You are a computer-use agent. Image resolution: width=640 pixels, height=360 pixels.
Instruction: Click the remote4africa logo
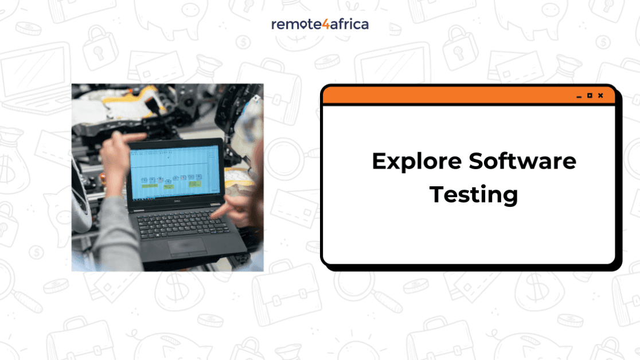(320, 24)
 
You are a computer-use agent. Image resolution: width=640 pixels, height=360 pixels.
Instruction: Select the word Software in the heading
(522, 161)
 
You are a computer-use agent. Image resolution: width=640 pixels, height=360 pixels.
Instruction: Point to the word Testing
(474, 194)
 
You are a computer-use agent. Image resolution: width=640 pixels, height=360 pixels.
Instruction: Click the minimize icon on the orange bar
(579, 96)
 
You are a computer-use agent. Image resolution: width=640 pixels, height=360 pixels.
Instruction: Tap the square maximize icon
(590, 96)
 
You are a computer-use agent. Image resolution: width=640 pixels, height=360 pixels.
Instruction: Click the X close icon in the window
(600, 96)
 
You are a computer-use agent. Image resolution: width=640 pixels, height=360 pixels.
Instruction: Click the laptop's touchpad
(188, 245)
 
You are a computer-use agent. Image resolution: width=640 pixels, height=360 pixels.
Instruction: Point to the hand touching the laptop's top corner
(118, 149)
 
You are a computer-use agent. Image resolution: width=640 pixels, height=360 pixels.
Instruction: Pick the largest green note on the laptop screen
(150, 186)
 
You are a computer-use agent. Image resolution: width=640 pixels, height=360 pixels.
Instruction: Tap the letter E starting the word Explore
(380, 161)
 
